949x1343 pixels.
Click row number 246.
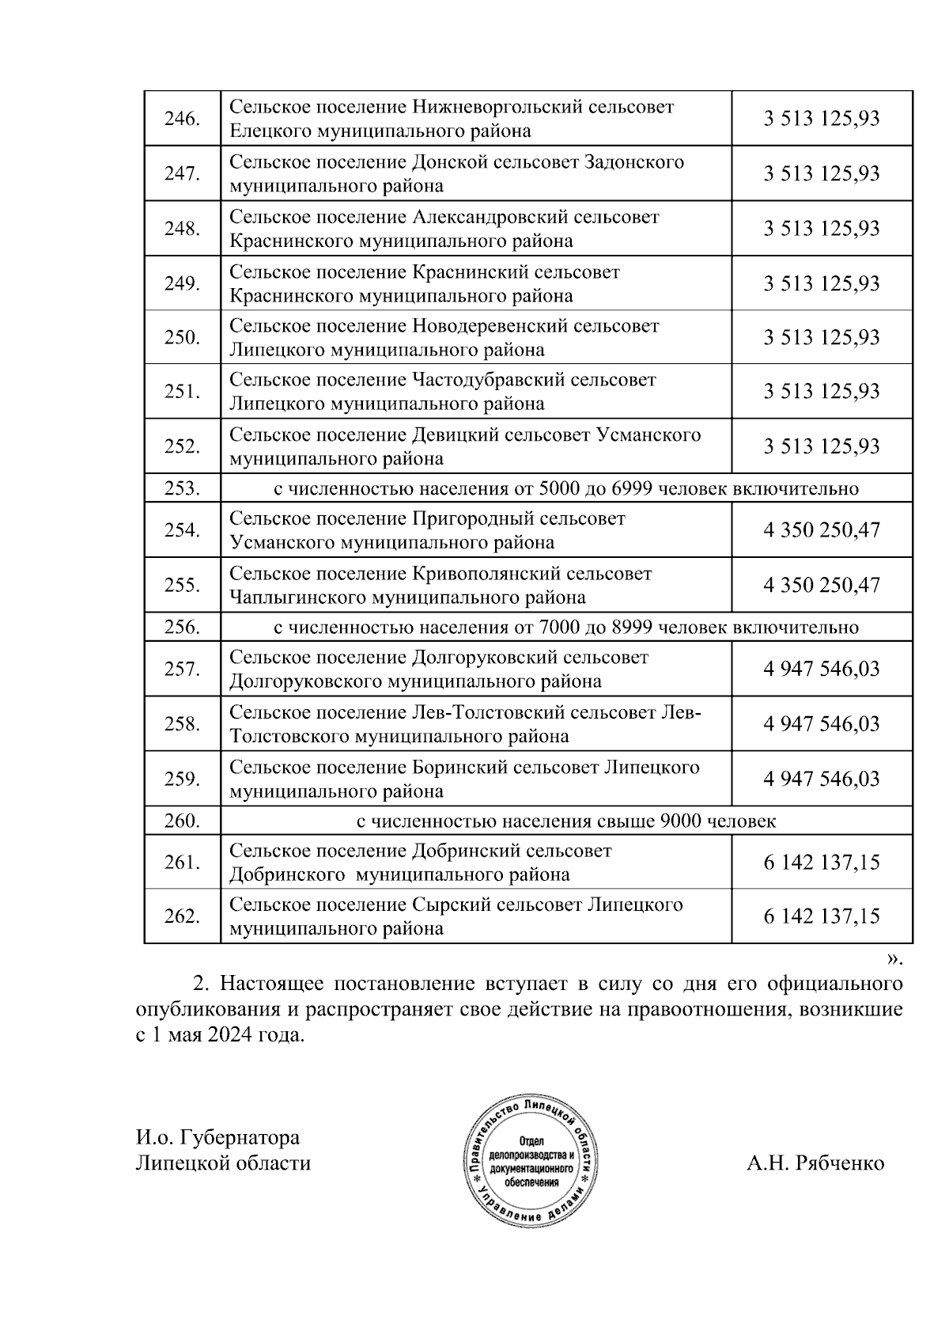point(181,119)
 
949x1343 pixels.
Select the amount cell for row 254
point(821,530)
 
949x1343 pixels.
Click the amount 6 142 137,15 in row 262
point(821,916)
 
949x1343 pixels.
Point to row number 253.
point(181,488)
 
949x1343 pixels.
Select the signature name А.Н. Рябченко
point(815,1163)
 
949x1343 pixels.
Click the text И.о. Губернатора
point(217,1138)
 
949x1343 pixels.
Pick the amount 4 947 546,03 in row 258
point(821,724)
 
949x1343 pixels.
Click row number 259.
point(181,780)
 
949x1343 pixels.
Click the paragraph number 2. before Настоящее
point(202,984)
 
